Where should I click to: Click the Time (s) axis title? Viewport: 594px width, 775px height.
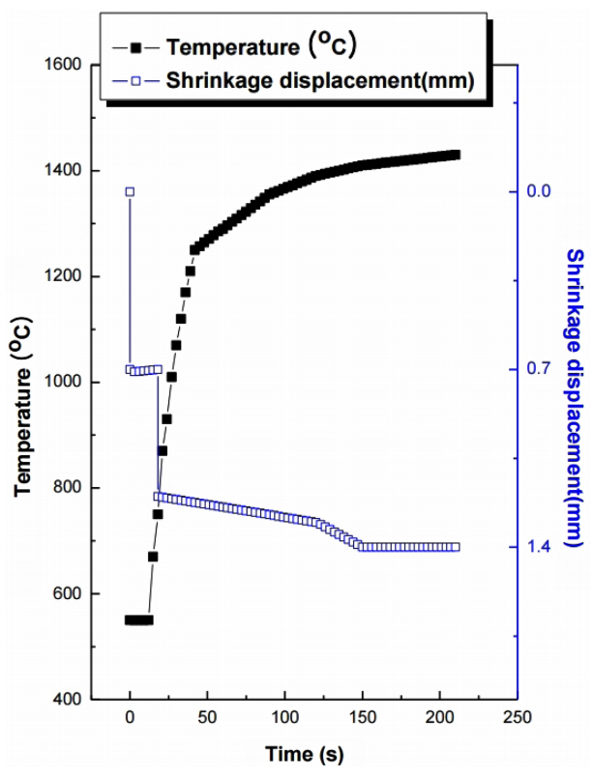[304, 753]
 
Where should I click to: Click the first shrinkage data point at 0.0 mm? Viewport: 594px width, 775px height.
[130, 191]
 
